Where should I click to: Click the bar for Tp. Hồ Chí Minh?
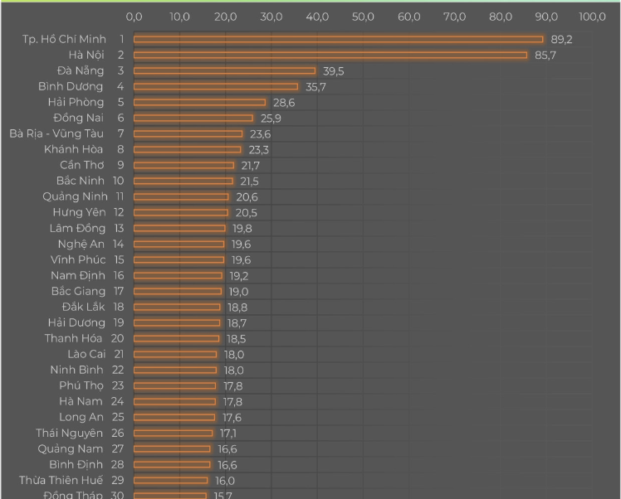pos(338,39)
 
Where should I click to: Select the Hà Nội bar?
pos(330,55)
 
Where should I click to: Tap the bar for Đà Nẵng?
pos(224,70)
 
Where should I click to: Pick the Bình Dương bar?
pos(216,86)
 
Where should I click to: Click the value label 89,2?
pos(562,39)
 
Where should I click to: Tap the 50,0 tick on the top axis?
pos(363,17)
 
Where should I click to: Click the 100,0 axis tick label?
pos(592,17)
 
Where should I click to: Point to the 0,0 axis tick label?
pos(134,17)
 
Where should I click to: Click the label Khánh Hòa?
pos(74,149)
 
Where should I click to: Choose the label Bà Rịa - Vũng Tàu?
pos(56,133)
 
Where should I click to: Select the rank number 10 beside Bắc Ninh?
pos(118,181)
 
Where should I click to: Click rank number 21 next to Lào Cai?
pos(119,354)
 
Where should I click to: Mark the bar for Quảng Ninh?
pos(181,196)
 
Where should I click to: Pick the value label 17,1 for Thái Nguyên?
pos(228,433)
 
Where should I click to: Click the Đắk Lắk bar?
pos(177,307)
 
